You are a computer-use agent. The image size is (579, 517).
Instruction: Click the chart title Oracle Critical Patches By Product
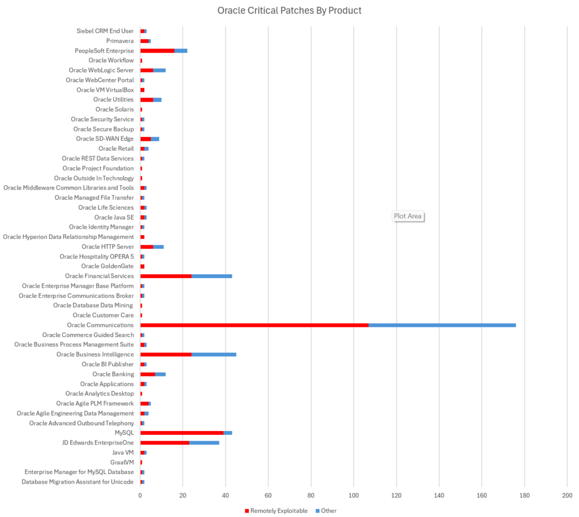[x=289, y=10]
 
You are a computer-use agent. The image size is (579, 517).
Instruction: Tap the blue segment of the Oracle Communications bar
[x=442, y=325]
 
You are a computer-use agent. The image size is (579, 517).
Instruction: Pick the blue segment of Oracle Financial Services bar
[x=211, y=276]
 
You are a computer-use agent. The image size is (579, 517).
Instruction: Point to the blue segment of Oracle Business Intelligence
[x=214, y=354]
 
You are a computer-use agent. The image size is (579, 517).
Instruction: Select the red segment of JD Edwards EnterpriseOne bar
[x=165, y=442]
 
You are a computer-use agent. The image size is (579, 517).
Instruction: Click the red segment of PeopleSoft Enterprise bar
[x=157, y=50]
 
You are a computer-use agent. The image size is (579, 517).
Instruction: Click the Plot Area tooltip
[x=408, y=216]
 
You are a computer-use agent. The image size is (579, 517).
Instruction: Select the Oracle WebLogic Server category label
[x=101, y=70]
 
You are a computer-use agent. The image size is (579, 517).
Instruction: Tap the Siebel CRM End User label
[x=105, y=31]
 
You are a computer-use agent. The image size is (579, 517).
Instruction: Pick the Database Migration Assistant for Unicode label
[x=77, y=482]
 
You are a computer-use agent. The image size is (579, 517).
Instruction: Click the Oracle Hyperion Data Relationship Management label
[x=68, y=237]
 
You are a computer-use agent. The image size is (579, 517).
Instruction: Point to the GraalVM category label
[x=122, y=462]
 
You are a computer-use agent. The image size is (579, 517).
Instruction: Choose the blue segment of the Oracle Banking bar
[x=160, y=374]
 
